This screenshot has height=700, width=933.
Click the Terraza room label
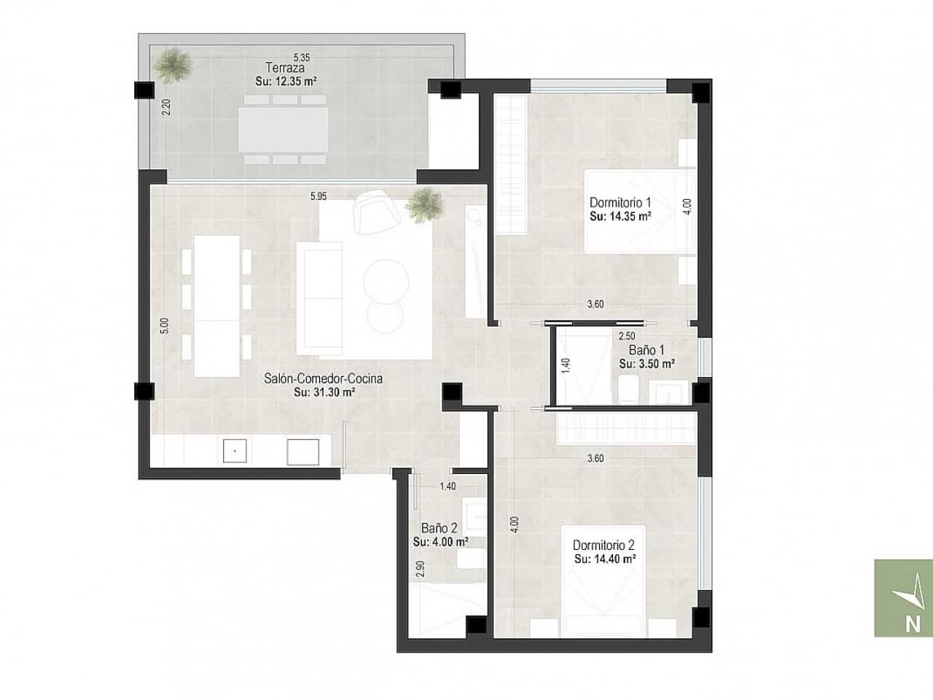click(281, 69)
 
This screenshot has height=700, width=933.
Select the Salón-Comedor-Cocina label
click(323, 378)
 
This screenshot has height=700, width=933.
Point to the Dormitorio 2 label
click(604, 545)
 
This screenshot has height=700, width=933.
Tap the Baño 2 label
click(440, 528)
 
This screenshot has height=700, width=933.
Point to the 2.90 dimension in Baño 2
click(420, 569)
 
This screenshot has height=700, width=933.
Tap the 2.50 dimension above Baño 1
click(626, 336)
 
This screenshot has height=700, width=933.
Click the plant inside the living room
click(423, 203)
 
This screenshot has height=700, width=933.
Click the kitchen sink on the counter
click(235, 451)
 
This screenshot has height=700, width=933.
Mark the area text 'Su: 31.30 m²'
click(324, 392)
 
